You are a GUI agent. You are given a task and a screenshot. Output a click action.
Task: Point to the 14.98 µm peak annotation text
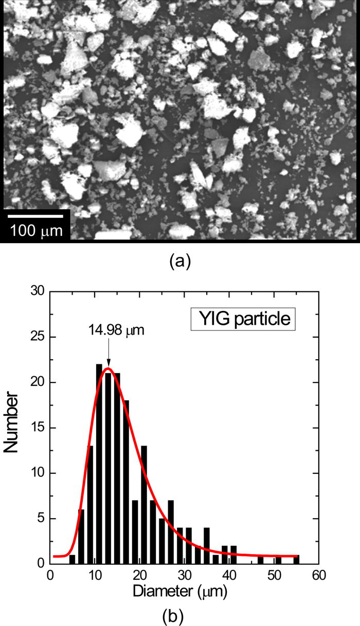(x=114, y=329)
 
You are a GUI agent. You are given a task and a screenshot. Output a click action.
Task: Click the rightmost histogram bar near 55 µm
(x=296, y=559)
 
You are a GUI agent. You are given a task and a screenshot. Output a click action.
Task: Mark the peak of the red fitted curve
(x=107, y=368)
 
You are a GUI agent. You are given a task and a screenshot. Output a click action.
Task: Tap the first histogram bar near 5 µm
(x=72, y=559)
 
